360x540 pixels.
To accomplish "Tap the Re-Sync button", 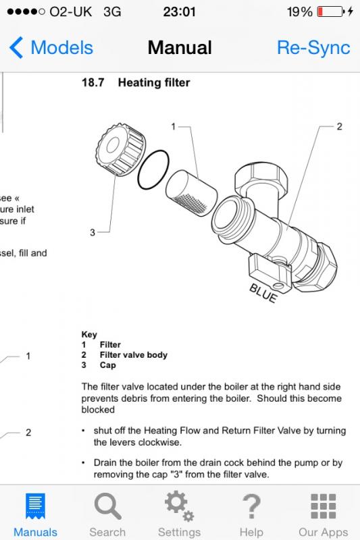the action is tap(313, 47).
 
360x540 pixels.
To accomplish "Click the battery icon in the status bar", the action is tap(331, 11).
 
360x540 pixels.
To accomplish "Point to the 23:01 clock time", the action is tap(179, 11).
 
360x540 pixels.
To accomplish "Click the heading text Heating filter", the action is tap(154, 82).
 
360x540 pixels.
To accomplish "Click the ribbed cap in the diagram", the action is tap(120, 149).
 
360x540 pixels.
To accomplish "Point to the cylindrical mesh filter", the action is tap(191, 193).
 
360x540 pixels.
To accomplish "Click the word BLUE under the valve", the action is tap(263, 293).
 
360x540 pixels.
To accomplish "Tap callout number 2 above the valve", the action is tap(339, 127).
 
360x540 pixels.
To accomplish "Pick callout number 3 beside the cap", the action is tap(93, 232).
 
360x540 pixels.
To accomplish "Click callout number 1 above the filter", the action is tap(174, 127).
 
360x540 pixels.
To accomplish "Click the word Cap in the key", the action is tap(108, 365).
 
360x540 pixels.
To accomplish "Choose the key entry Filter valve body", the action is tap(134, 355).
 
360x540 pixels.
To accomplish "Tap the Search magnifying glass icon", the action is tap(107, 506).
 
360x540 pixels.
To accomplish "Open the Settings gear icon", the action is tap(179, 506).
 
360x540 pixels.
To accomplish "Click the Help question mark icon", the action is tap(251, 506).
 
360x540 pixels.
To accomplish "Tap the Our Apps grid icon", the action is tap(323, 506).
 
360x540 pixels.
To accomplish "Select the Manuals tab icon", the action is tap(35, 506).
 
